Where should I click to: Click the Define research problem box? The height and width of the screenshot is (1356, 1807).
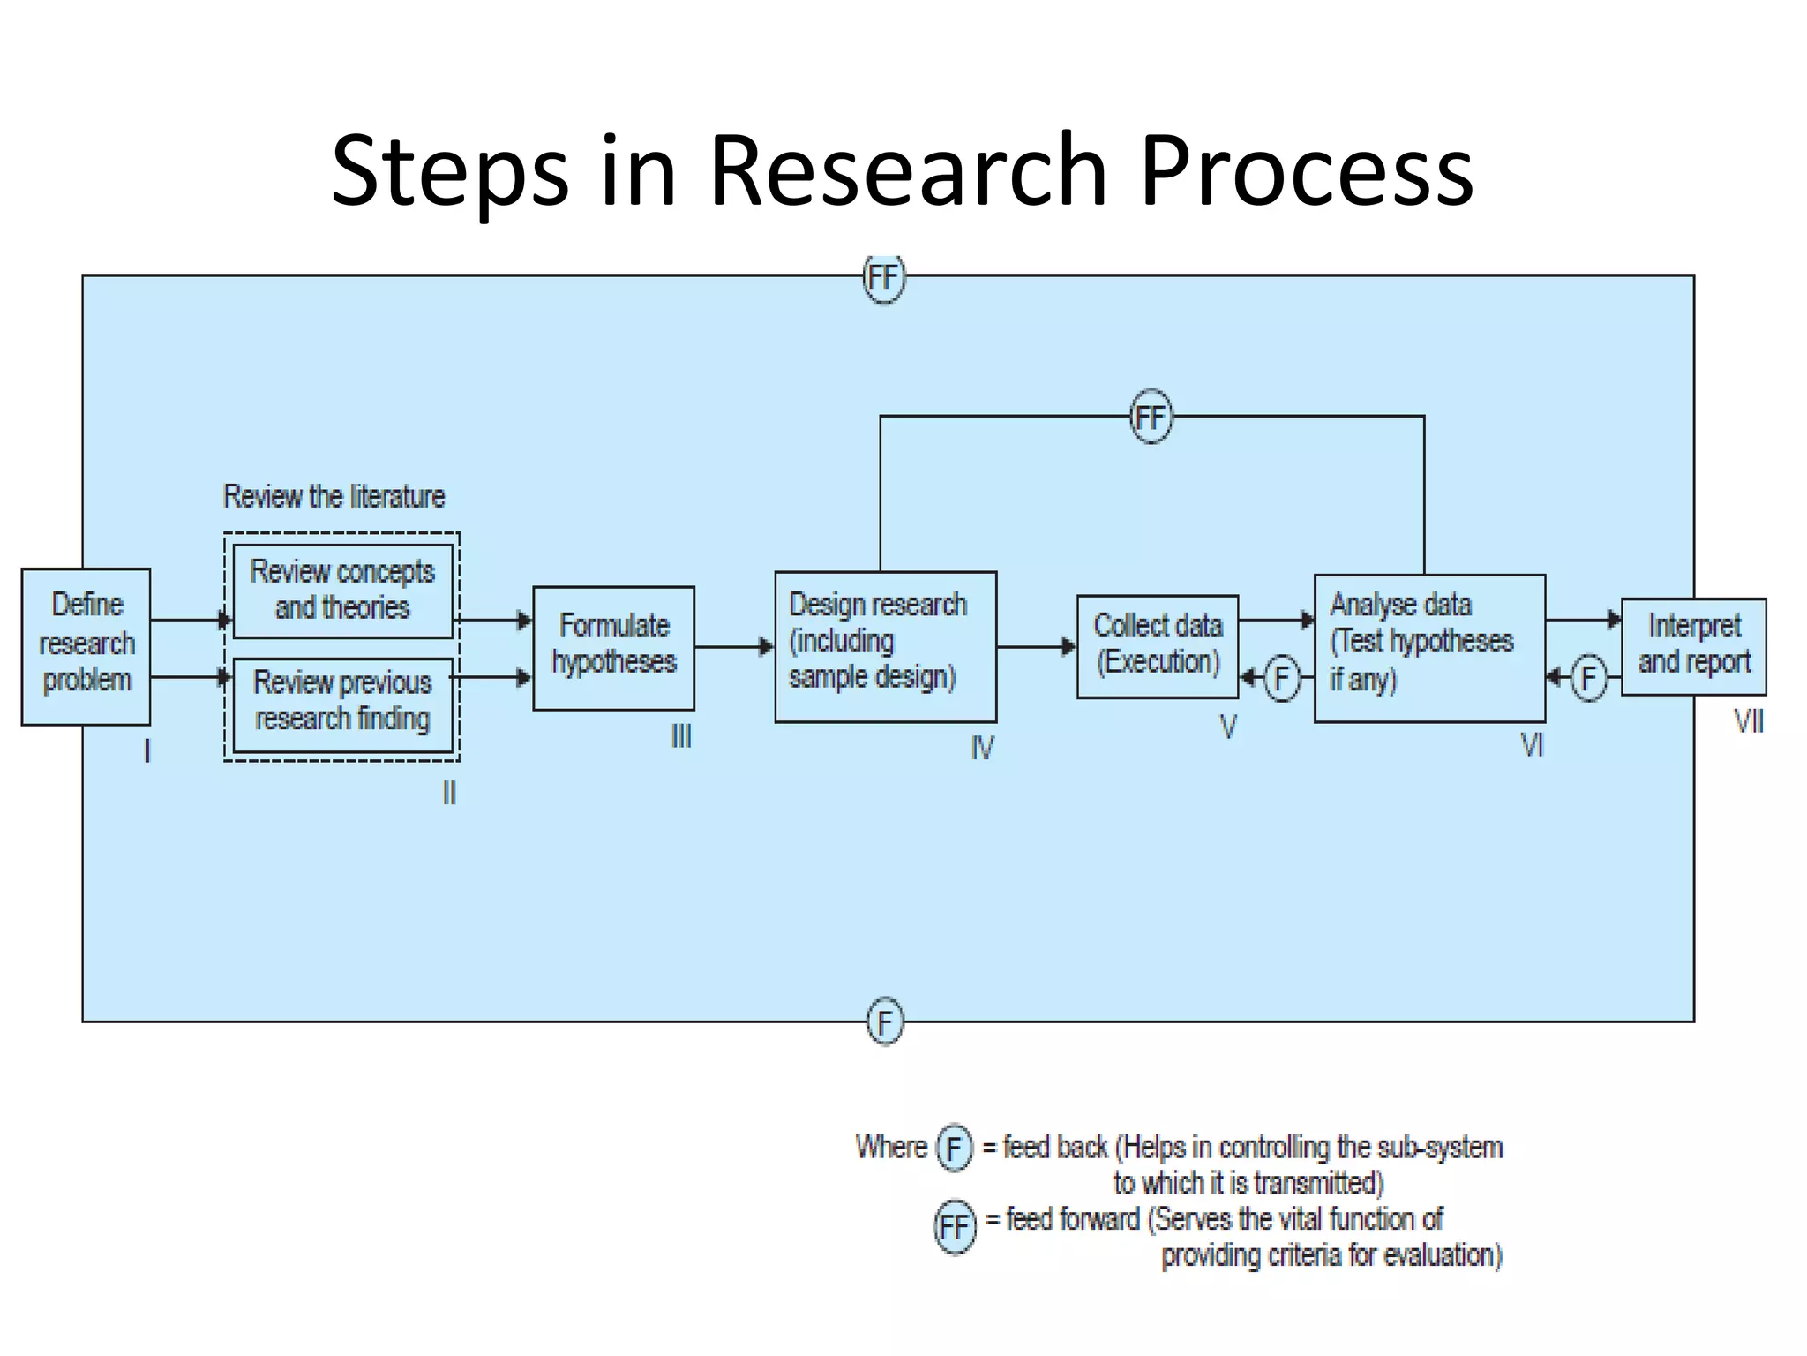[x=86, y=646]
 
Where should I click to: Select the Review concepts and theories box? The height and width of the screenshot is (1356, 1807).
[x=342, y=590]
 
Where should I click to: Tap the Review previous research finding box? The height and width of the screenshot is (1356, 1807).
[x=342, y=703]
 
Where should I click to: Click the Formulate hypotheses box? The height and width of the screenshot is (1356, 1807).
[x=613, y=647]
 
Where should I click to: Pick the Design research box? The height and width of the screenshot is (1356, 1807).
[x=885, y=646]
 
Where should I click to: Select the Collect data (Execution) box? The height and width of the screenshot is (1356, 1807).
[x=1157, y=646]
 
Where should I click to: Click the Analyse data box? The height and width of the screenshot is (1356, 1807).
[x=1428, y=647]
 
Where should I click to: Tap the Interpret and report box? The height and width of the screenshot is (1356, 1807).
[x=1693, y=646]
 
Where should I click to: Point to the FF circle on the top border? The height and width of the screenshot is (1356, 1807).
[x=883, y=278]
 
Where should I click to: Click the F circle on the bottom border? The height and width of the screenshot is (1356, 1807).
[x=885, y=1022]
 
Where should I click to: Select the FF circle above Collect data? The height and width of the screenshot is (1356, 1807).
[x=1151, y=417]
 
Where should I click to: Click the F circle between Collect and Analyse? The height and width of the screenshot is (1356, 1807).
[x=1281, y=678]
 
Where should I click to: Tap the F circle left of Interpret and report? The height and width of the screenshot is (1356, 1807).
[x=1588, y=678]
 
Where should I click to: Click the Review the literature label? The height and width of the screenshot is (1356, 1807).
[x=334, y=497]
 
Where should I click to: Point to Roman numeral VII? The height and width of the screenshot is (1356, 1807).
[x=1748, y=722]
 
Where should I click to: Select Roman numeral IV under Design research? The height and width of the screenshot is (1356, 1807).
[x=982, y=749]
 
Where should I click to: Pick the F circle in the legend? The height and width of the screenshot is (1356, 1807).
[x=953, y=1149]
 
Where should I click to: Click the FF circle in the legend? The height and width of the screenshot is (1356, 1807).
[x=955, y=1227]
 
